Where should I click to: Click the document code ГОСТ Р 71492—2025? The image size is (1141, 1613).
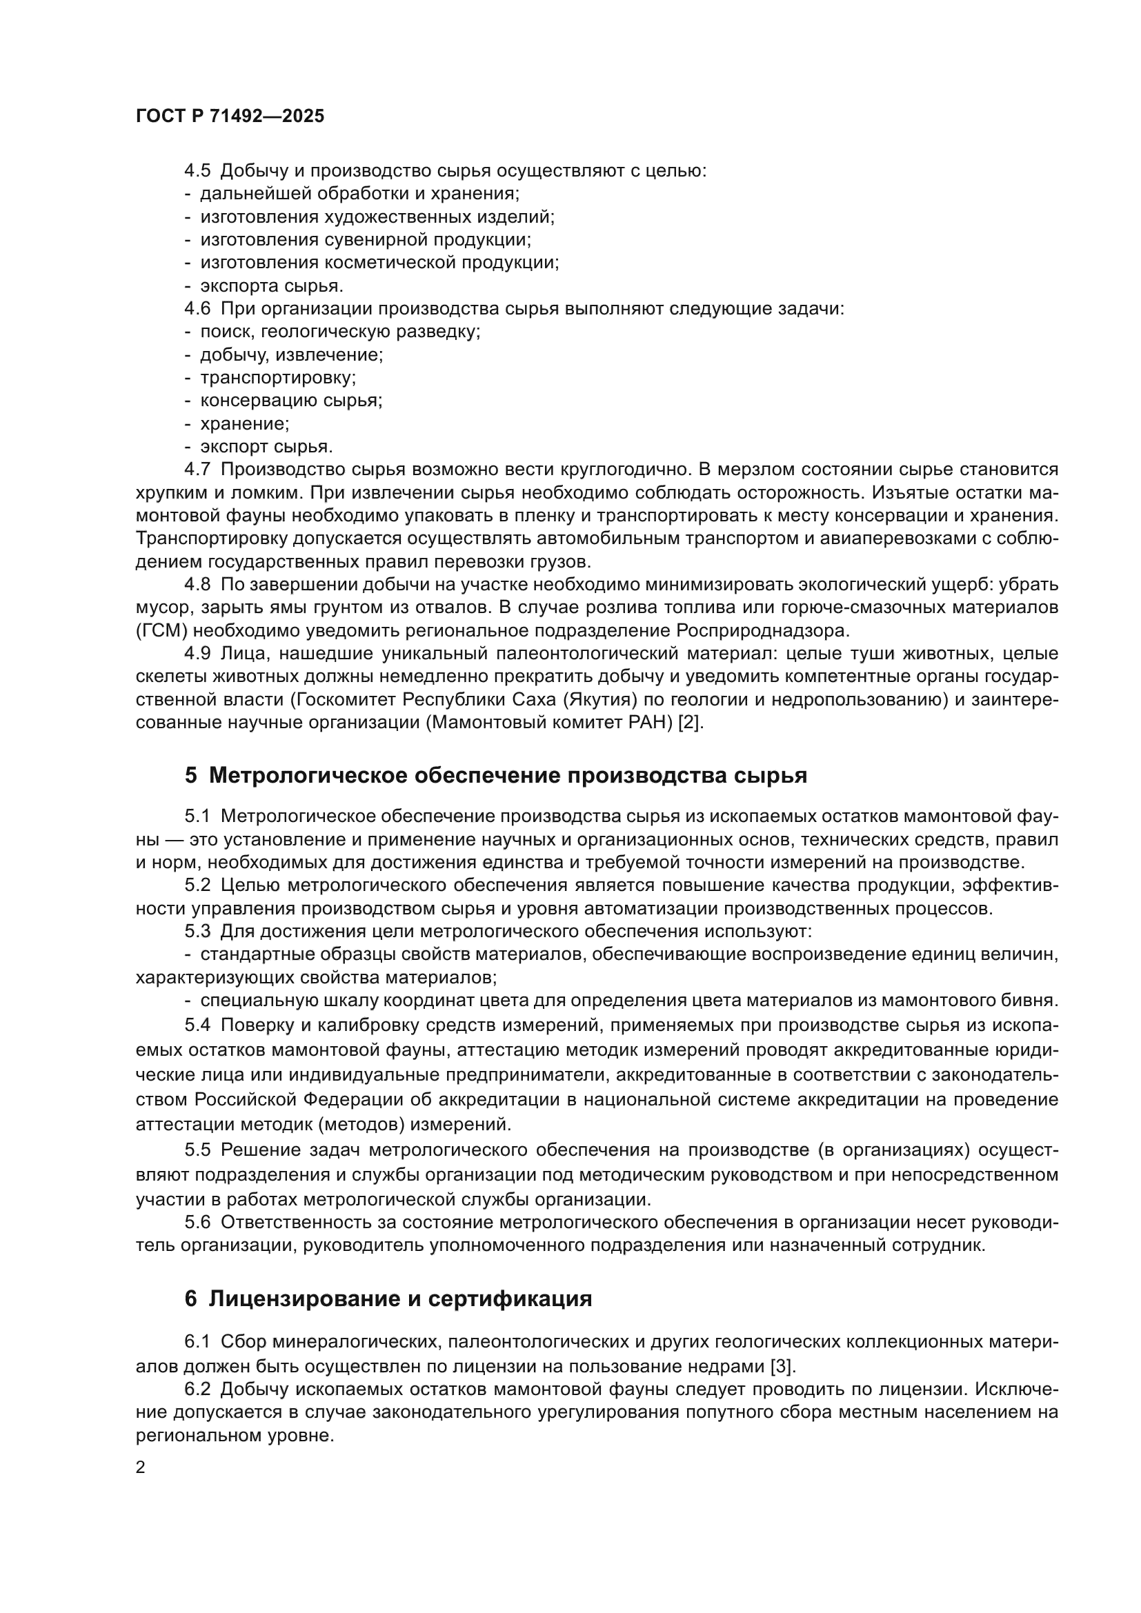(x=230, y=116)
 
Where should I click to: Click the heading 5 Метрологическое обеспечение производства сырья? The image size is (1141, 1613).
(x=495, y=775)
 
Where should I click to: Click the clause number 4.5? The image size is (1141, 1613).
(x=197, y=171)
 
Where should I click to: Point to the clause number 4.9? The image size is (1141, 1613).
(x=197, y=653)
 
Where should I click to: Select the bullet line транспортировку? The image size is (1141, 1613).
(x=277, y=378)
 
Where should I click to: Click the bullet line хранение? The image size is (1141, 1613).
(x=244, y=423)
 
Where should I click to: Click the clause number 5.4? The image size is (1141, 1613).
(x=197, y=1025)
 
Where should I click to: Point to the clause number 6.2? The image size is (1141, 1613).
(x=197, y=1389)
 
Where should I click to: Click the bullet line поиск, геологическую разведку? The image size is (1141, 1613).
(x=340, y=332)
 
